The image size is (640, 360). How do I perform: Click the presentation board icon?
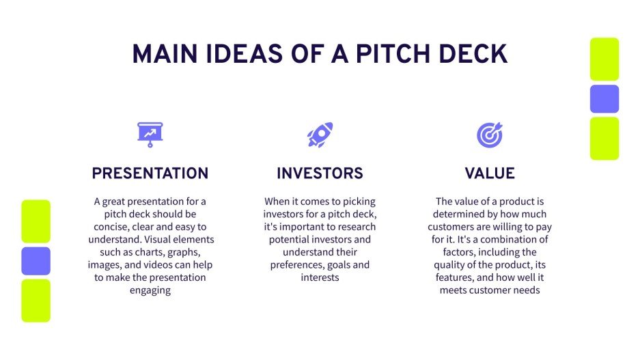tap(150, 135)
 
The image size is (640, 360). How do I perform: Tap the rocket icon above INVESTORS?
tap(320, 135)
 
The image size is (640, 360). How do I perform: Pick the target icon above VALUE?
tap(489, 135)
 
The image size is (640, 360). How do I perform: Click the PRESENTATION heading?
tap(150, 174)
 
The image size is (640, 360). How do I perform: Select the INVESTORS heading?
tap(320, 174)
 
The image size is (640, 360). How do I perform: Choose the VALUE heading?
tap(489, 174)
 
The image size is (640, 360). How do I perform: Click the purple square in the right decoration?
tap(604, 99)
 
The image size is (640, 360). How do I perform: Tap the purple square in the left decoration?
tap(36, 261)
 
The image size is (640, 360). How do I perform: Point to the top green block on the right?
tap(604, 59)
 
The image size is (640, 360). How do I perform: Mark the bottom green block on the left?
tap(36, 300)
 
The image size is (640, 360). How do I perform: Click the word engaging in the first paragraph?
tap(150, 290)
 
